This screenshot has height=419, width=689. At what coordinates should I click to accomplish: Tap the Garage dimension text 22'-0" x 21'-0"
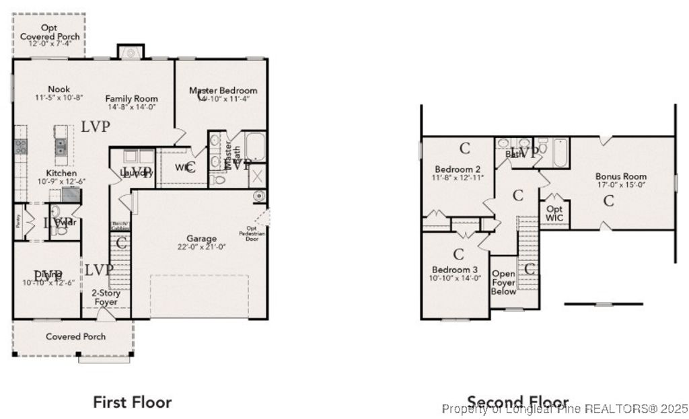coord(202,246)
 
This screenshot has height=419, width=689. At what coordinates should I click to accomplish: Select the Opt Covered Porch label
coord(49,32)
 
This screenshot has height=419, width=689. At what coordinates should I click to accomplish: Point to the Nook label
coord(59,89)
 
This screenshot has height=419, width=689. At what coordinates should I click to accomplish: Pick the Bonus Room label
coord(621,176)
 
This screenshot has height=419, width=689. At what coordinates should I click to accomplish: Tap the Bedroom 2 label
coord(458,169)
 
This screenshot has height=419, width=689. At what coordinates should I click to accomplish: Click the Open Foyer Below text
coord(504,282)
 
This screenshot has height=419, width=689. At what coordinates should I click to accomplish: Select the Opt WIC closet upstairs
coord(555,213)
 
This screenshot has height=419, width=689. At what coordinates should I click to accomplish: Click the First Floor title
coord(132,402)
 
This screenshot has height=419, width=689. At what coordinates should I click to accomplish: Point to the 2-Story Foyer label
coord(106,298)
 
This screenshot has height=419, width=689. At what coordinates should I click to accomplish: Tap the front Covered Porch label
coord(75,336)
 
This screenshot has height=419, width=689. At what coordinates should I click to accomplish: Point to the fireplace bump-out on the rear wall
coord(130,52)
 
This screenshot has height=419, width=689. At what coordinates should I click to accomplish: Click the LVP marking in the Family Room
coord(96,126)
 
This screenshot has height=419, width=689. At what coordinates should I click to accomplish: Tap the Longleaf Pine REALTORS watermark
coord(565,408)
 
